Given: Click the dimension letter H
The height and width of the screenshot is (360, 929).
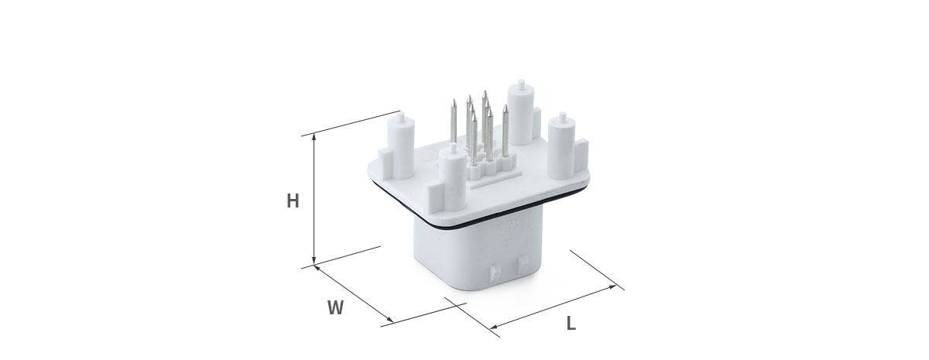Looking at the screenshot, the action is point(293,201).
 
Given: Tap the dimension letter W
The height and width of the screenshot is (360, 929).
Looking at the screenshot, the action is point(336,308).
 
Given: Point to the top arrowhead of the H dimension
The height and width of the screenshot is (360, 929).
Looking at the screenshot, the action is point(314,137).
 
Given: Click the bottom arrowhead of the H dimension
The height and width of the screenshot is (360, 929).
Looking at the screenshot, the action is point(314,260).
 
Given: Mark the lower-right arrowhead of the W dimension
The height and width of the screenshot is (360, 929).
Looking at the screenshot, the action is point(390,319).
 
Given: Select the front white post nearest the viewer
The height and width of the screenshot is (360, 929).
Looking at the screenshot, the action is point(452,179).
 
